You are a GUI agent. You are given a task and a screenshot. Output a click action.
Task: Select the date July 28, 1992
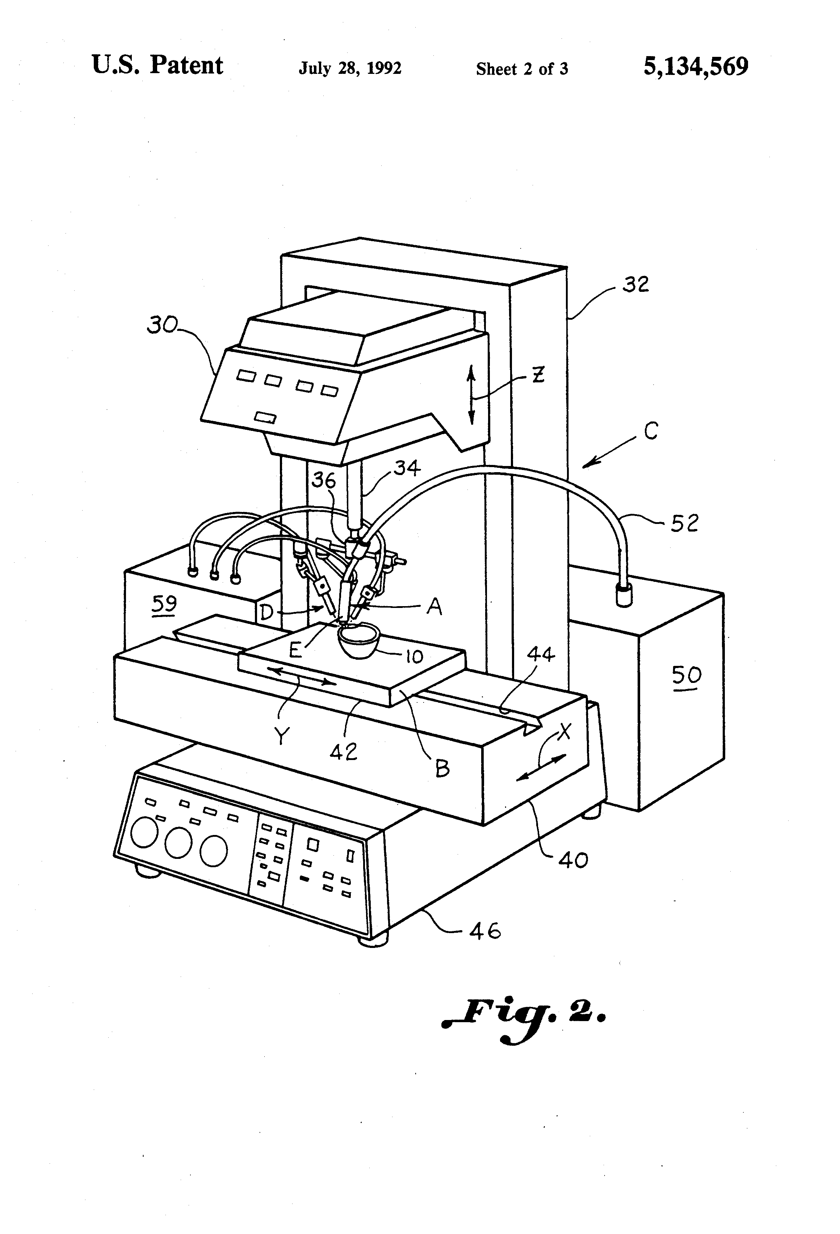coord(350,68)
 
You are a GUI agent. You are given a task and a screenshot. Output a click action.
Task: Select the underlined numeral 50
coord(686,676)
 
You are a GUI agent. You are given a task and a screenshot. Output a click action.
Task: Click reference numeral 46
coord(485,931)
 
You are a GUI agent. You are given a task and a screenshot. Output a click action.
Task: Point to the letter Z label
coord(538,375)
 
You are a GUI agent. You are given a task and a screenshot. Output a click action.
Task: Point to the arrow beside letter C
coord(609,452)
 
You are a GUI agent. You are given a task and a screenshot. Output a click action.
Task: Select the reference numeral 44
coord(541,655)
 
